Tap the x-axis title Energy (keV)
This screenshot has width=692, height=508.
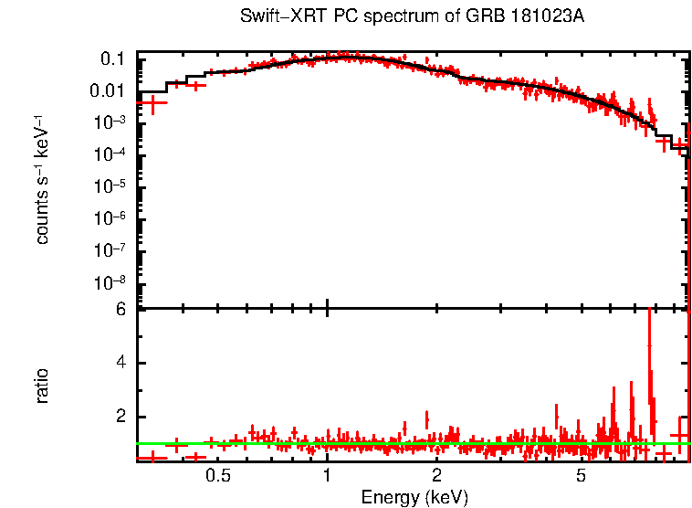[x=414, y=497]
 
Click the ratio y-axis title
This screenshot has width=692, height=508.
[x=42, y=385]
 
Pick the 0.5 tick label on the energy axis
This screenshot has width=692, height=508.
[x=217, y=475]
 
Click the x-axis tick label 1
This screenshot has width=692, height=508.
[x=327, y=475]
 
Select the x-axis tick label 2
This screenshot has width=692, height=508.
[x=437, y=475]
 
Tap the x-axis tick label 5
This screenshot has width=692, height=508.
[x=581, y=475]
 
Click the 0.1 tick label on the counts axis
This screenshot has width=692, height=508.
[x=112, y=59]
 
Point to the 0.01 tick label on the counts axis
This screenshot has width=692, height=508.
[x=108, y=91]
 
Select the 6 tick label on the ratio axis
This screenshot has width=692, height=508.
[x=121, y=309]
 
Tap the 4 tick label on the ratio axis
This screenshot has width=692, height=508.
[x=121, y=363]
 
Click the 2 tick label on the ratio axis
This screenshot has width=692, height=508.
[x=121, y=417]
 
